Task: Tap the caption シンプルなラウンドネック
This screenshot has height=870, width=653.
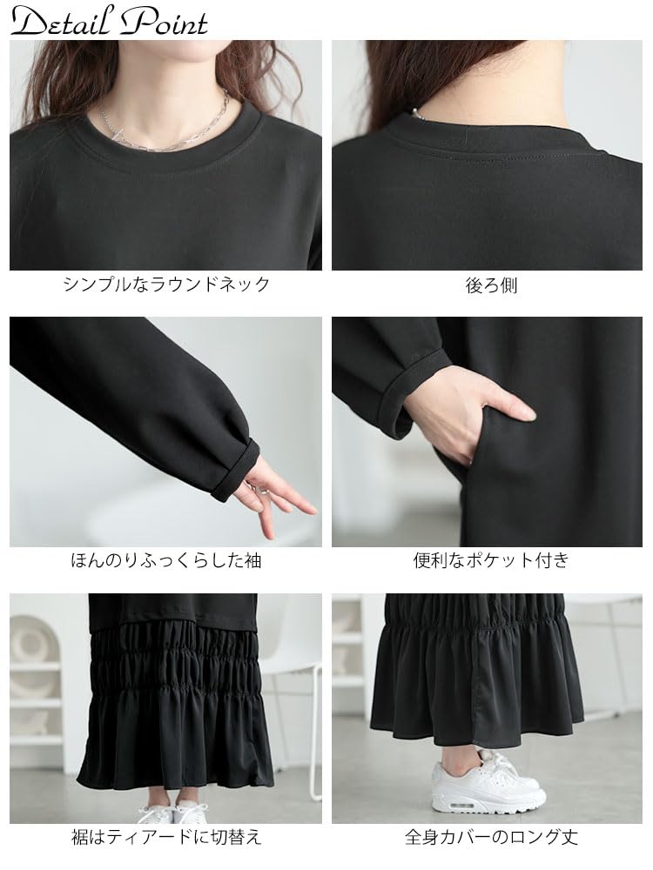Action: [166, 284]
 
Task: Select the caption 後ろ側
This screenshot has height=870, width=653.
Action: [491, 284]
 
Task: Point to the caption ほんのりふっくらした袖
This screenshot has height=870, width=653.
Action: [166, 560]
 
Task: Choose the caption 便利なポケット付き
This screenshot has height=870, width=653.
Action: [491, 560]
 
